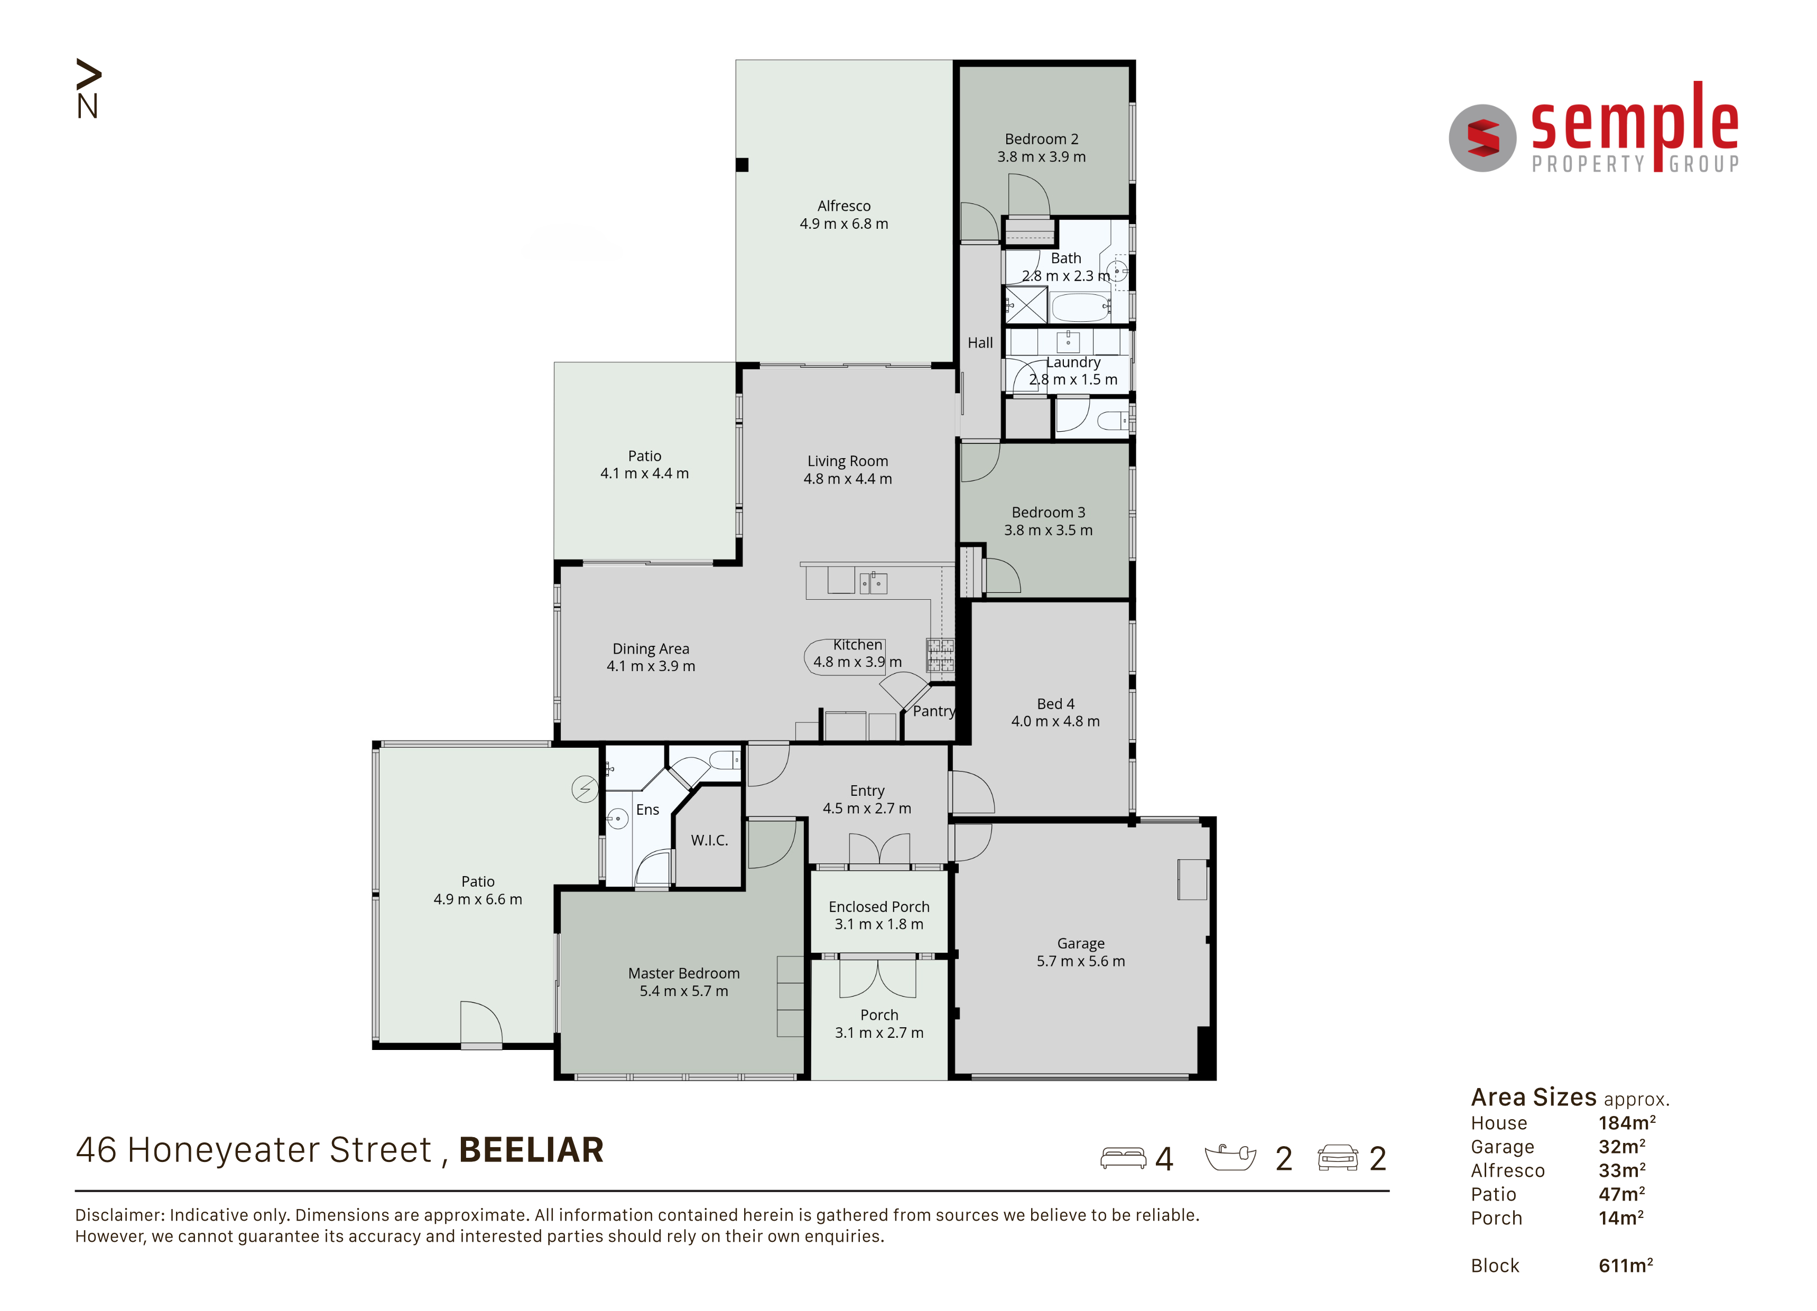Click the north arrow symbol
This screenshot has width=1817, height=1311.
point(88,88)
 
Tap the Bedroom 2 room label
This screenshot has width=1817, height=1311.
point(1042,140)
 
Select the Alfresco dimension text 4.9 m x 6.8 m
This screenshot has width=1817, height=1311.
point(843,224)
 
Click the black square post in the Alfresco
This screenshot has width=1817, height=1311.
point(742,165)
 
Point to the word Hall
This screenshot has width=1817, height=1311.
point(980,343)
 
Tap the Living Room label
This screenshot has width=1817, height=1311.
point(848,461)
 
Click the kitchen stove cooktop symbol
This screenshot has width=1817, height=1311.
point(941,654)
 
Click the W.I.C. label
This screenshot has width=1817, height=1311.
point(710,840)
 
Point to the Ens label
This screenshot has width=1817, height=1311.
point(647,810)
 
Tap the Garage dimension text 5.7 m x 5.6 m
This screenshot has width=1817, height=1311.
point(1081,961)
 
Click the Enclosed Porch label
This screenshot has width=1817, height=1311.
point(879,907)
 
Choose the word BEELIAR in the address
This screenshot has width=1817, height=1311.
point(531,1150)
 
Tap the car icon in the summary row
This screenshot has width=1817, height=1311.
point(1338,1158)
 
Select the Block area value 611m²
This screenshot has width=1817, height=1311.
point(1626,1266)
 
